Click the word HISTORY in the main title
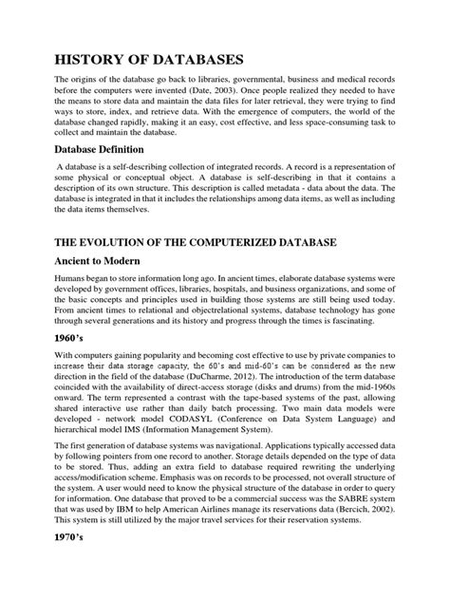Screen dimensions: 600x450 (x=99, y=57)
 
